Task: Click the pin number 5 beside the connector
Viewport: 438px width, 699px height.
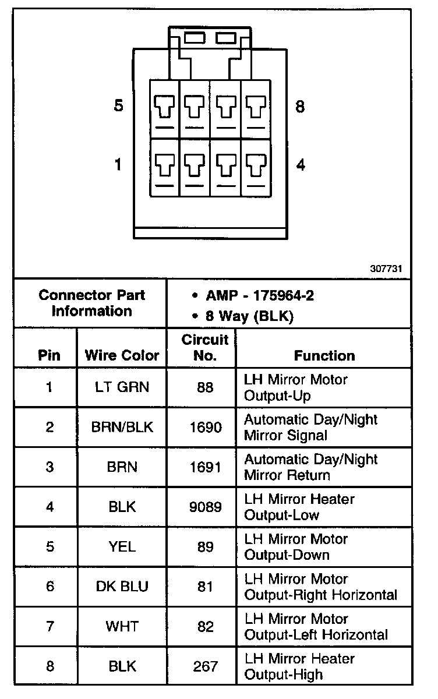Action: (x=119, y=107)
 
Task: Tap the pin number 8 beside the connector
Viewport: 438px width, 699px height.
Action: (x=301, y=107)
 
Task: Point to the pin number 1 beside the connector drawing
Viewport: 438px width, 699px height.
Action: (x=119, y=165)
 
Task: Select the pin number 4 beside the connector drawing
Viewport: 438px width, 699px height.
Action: (x=301, y=165)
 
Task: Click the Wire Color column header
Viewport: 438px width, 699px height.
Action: (x=122, y=355)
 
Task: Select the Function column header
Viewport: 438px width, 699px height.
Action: (x=324, y=355)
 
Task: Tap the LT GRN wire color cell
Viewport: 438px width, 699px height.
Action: (x=122, y=387)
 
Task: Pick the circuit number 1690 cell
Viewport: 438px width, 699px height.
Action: (x=206, y=427)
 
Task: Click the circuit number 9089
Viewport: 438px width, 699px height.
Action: (x=206, y=507)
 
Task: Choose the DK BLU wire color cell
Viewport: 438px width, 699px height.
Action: (x=122, y=587)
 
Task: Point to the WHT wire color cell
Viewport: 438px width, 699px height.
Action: (x=122, y=627)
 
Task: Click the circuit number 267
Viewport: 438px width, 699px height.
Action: (x=206, y=666)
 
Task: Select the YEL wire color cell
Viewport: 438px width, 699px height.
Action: (x=122, y=547)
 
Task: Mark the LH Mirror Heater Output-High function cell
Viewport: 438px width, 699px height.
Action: (x=299, y=666)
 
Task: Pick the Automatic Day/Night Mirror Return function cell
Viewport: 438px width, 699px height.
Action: (x=310, y=467)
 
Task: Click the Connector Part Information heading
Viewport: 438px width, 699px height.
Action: (x=92, y=302)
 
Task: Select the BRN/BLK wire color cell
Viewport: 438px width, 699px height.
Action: (x=122, y=427)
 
